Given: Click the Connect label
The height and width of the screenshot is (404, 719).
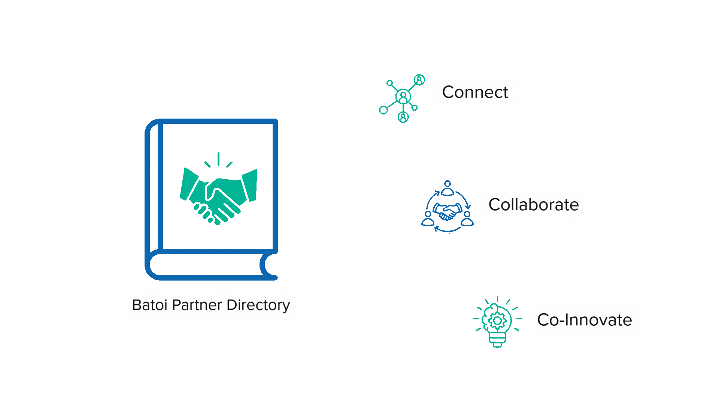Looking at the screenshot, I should pos(475,92).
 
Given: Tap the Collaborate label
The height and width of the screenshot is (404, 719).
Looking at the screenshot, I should pos(534,205).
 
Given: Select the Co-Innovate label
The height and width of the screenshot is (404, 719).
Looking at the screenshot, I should pos(585,320).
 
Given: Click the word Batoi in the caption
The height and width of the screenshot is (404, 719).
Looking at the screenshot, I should pos(149,305).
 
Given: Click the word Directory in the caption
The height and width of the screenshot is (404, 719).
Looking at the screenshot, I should pos(258,305).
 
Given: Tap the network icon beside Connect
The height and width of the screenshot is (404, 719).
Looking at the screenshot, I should pos(402,98).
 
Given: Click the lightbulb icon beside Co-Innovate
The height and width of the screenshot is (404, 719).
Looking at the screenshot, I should pos(497,322).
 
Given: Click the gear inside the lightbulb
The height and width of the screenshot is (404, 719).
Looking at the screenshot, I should pos(497,321).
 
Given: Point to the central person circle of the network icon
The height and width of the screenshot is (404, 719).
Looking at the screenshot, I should pos(403,97).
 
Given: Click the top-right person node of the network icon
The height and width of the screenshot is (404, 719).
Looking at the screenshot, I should pos(419,80).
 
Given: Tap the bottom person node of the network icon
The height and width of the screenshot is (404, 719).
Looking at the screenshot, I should pos(403,117).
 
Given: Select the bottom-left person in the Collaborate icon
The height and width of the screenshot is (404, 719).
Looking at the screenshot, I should pos(428,219).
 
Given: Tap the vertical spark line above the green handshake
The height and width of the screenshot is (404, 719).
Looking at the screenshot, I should pos(218,159).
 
